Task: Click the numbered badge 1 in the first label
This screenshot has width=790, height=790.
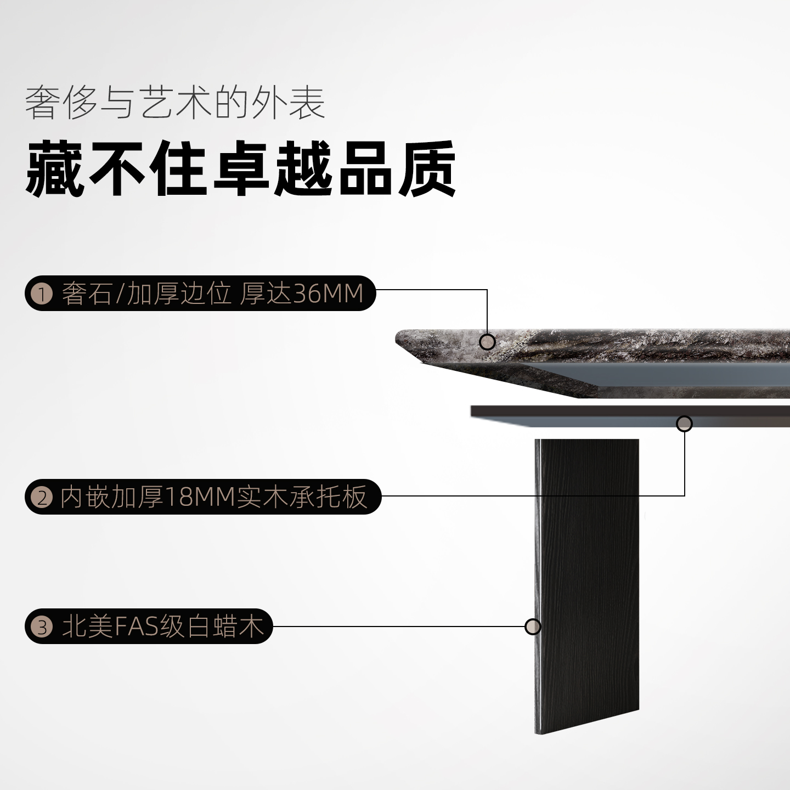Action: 42,294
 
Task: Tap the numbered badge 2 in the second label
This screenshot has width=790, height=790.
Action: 42,498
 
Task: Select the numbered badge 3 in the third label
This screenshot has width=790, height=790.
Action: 42,627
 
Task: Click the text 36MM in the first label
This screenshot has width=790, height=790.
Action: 329,294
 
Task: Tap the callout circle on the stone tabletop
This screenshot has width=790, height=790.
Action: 487,342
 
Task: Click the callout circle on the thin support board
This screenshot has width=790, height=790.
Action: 684,424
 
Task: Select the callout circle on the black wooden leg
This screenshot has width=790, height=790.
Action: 533,627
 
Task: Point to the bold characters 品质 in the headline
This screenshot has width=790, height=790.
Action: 397,169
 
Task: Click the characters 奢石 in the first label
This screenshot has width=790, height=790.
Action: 87,294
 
